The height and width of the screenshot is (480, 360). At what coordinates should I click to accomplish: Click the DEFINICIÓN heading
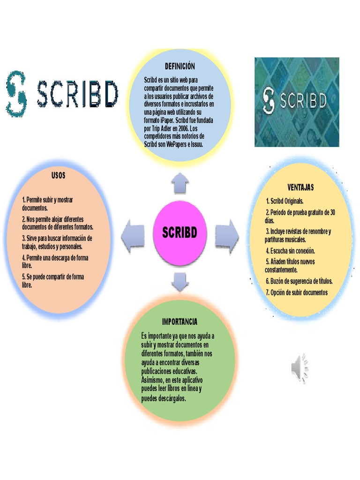180,67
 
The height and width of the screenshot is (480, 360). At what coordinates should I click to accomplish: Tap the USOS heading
59,176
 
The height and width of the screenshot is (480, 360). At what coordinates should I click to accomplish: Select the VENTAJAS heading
300,187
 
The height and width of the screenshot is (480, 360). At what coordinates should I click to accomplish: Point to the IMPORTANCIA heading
180,322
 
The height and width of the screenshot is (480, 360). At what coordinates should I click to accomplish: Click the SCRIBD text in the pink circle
180,233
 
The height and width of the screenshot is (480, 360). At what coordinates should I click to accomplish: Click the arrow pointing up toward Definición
180,183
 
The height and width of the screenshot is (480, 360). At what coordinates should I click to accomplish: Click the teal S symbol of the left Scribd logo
16,94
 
